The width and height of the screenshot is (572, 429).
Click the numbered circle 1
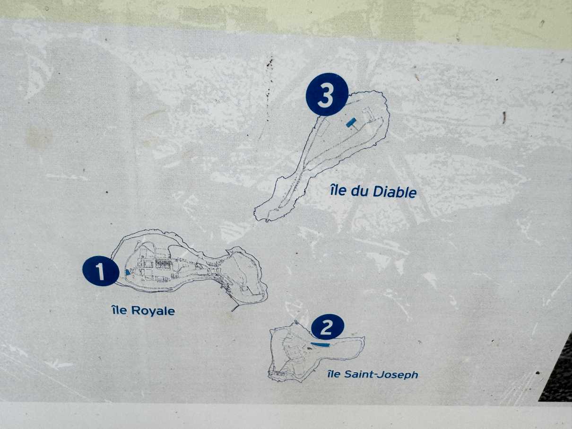[101, 271]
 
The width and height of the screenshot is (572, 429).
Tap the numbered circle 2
[327, 327]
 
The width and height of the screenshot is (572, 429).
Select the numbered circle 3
[327, 95]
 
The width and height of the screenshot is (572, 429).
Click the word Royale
[153, 311]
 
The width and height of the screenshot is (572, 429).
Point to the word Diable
[394, 192]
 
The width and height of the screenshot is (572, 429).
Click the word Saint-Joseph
[381, 375]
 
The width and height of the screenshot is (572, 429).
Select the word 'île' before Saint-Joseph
[334, 374]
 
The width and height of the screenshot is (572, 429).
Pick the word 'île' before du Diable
[338, 191]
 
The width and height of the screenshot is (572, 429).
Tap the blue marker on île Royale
[128, 272]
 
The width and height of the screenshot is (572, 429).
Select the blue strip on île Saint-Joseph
[321, 344]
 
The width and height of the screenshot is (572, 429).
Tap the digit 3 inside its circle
[326, 95]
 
